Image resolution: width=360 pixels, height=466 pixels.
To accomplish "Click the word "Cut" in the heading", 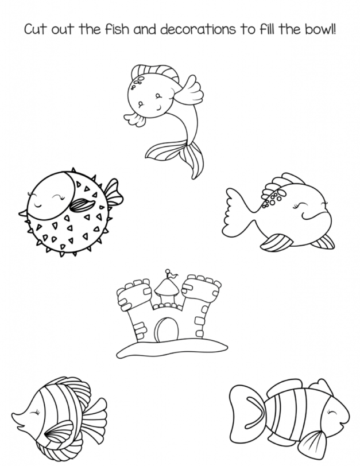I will pos(35,29).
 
